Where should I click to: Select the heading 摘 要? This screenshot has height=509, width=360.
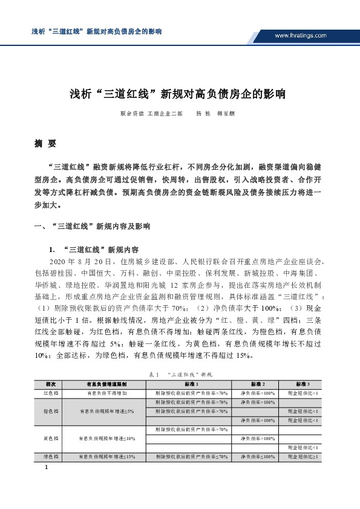(45, 144)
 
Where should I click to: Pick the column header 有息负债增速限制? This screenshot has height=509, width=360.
(106, 384)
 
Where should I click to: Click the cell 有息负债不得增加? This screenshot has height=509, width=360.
(106, 393)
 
